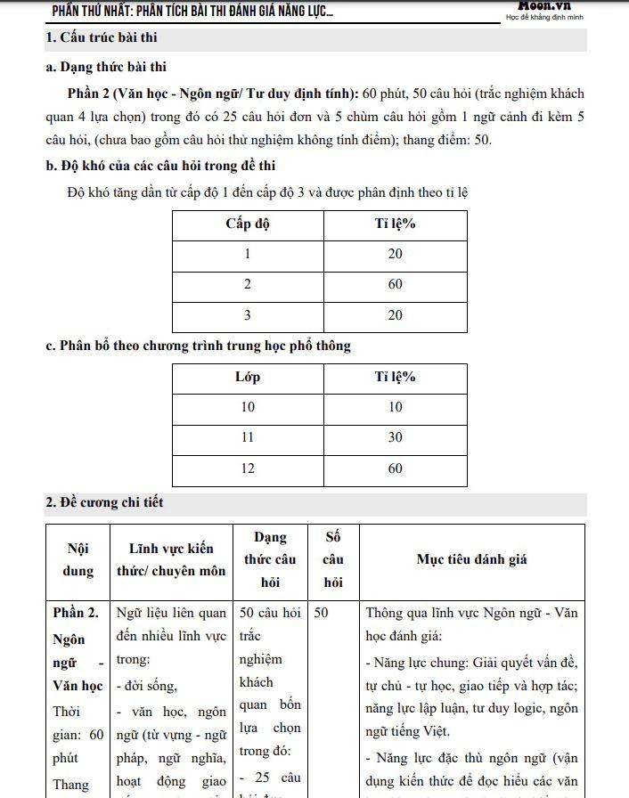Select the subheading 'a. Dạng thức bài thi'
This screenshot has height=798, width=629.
pos(106,67)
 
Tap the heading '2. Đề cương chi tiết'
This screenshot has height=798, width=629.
pos(104,502)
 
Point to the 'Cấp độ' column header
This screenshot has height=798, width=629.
pos(247,224)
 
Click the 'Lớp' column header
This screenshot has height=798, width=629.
pos(247,377)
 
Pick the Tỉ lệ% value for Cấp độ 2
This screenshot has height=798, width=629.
pos(395,284)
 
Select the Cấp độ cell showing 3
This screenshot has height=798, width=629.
pos(247,315)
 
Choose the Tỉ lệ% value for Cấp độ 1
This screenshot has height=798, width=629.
pos(395,254)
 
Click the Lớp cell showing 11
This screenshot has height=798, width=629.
pos(247,437)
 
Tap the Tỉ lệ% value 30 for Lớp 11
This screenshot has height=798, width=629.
pos(395,437)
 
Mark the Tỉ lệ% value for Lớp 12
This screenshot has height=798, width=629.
pos(395,468)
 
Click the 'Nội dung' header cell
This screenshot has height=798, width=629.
pos(78,560)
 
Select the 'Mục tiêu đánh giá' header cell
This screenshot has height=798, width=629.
pos(472,559)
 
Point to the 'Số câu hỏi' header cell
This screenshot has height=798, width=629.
pos(333,559)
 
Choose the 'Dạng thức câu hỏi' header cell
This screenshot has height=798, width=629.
pos(270,559)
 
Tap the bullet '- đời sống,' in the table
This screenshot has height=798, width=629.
pos(146,685)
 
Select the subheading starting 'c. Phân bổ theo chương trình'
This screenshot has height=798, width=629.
pos(198,346)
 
